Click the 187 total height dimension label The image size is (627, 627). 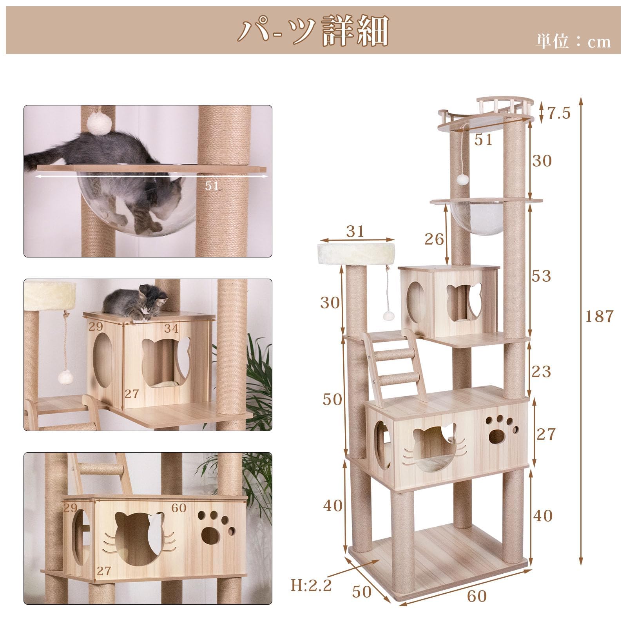point(599,316)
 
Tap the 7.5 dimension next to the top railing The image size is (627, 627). point(558,113)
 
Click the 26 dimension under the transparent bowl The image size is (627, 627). point(434,239)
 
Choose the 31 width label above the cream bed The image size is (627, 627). point(355,231)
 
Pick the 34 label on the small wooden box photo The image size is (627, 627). point(171,328)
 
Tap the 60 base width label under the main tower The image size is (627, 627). point(477,596)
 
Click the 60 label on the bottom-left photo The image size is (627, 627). point(179,507)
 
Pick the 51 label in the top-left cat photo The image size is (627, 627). point(212,185)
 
